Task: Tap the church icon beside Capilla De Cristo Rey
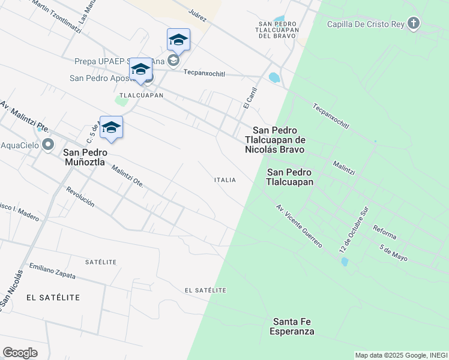pos(413,24)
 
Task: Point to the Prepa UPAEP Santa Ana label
pos(118,61)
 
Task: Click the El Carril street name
pos(251,97)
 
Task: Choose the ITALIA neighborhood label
pos(224,180)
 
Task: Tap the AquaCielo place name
pos(20,145)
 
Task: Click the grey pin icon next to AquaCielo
pos(48,145)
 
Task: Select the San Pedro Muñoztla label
pos(84,157)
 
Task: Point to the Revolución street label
pos(80,196)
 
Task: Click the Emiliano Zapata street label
pos(53,271)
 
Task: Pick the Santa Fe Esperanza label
pos(292,326)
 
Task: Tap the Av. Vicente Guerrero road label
pos(299,226)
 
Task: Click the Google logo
pos(20,353)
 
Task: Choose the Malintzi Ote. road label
pos(127,176)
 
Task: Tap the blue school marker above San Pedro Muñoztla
pos(111,127)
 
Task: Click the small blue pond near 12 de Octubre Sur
pos(345,262)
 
